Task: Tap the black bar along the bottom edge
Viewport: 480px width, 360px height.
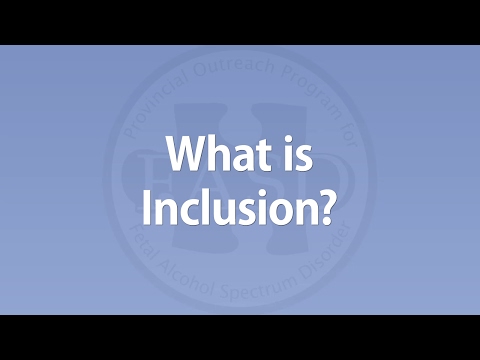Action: (240, 337)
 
